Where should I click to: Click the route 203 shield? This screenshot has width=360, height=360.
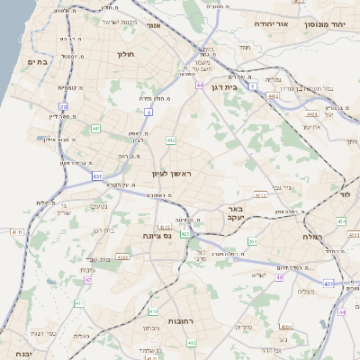(x=253, y=241)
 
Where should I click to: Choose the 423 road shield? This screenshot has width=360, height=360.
(x=184, y=234)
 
